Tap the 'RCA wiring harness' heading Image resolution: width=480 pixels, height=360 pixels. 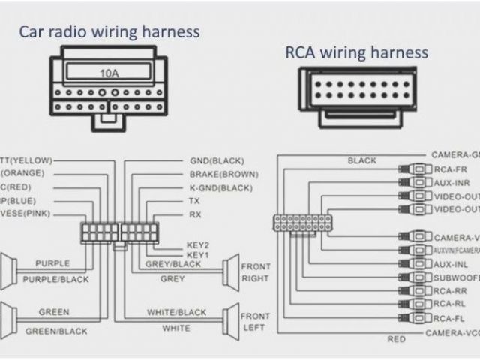356,52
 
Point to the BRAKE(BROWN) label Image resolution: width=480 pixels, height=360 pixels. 224,174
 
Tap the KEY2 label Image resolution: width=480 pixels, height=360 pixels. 198,245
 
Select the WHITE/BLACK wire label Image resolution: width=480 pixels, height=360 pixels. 177,312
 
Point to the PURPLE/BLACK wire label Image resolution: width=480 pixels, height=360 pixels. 55,279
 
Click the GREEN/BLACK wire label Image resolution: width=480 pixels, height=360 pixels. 56,331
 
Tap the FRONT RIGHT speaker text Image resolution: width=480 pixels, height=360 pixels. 255,271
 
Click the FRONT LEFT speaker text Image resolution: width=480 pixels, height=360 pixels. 255,322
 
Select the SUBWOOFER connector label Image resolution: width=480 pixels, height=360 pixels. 456,277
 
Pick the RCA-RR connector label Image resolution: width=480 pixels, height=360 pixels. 451,290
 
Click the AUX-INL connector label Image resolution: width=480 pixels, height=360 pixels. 452,264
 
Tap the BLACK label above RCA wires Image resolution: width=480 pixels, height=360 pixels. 362,160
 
